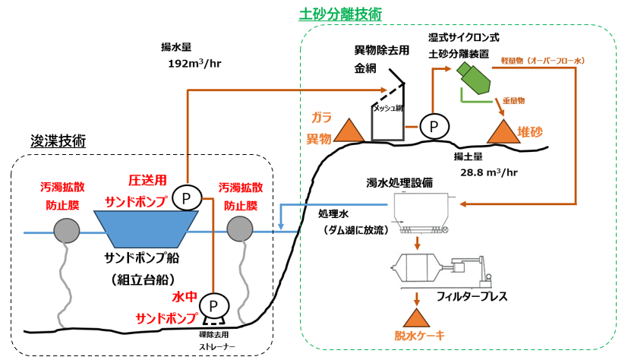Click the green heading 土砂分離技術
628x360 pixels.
coord(340,14)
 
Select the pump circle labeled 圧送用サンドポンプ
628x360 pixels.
coord(186,198)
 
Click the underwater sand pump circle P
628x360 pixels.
coord(213,305)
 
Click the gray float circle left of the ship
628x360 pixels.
coord(68,229)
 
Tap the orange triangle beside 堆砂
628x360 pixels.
coord(502,131)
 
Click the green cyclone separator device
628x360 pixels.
coord(472,77)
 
